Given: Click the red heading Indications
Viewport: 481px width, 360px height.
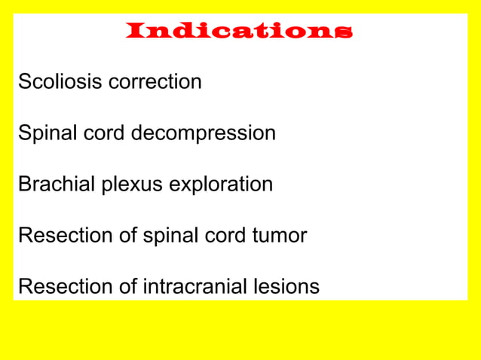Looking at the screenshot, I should pos(239,31).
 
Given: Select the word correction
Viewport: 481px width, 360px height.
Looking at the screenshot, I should pos(155,81).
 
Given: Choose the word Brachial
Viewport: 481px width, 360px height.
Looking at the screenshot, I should pos(57,185).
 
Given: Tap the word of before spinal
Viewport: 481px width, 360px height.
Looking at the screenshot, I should pos(128,236).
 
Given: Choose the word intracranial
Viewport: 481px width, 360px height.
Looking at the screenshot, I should pos(196,287).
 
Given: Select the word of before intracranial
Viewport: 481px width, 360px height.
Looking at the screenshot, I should pos(128,287).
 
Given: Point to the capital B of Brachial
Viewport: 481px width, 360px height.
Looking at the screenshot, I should pos(24,185).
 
